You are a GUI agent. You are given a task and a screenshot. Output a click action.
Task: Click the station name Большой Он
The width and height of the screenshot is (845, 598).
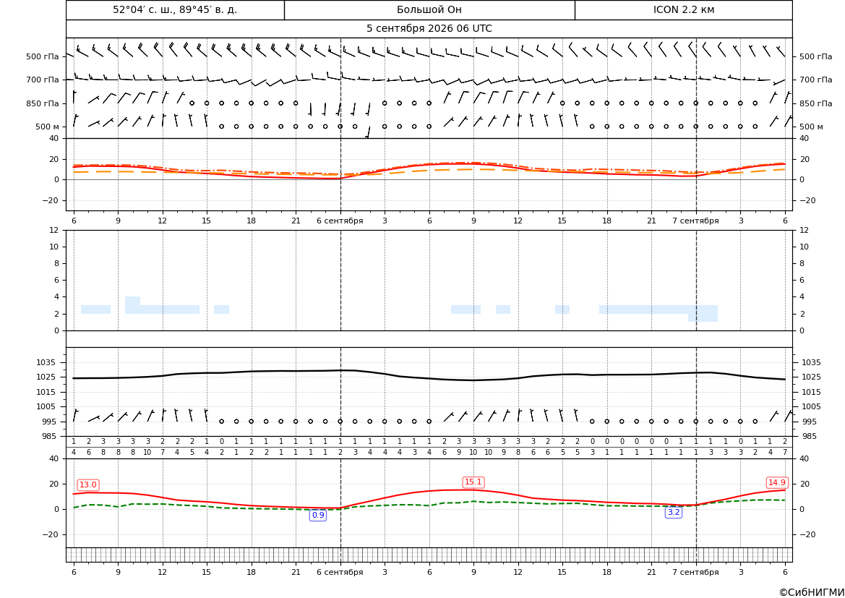coord(429,9)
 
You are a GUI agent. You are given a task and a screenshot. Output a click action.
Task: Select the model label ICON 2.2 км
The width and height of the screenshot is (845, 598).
coord(683,9)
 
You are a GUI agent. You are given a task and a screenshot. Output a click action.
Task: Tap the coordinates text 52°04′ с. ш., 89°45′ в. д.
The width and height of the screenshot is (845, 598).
coord(175,9)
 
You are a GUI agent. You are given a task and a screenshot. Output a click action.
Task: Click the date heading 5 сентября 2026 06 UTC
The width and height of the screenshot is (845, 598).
coord(429,29)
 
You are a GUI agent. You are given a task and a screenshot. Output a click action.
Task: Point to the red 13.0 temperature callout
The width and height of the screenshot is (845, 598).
coord(88,484)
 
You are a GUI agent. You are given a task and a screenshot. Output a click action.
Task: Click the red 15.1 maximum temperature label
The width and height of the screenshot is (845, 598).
coord(473,482)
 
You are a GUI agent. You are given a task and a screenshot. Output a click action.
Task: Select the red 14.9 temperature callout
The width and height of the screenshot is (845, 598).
coord(776,482)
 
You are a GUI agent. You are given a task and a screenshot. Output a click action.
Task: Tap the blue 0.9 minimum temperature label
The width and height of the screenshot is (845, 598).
coord(318,515)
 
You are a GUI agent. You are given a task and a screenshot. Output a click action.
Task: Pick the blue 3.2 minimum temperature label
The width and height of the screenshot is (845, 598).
coord(674,512)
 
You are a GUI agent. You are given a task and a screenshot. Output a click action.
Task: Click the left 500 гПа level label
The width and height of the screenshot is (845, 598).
coord(42,56)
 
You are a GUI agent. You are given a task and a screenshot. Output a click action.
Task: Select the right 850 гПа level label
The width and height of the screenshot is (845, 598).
coord(816,103)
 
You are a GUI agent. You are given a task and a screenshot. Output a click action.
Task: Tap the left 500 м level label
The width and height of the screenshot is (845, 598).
coord(47,127)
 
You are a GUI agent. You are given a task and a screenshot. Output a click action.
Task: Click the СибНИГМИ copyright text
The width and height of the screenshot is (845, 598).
coord(812,593)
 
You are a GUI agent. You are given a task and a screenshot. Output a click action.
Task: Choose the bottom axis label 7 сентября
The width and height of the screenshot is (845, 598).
coord(695,572)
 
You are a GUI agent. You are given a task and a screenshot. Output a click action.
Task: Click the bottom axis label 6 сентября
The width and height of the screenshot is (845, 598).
coord(340,572)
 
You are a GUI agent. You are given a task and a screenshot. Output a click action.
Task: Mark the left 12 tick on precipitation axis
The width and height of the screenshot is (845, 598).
coord(54,230)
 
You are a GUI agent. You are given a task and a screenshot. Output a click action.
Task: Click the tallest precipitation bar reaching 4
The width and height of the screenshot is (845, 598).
coord(132,305)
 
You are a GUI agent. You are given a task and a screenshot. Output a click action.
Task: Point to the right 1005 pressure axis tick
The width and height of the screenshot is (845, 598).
coord(812,406)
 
